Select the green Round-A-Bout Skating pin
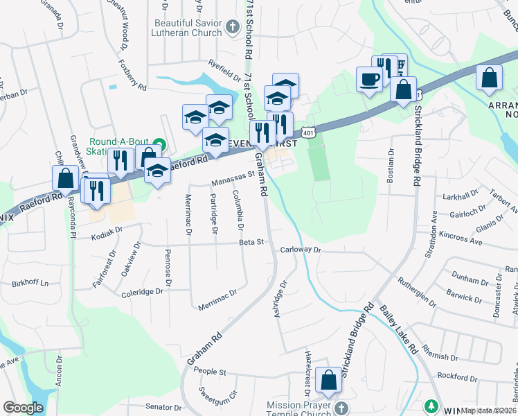(159, 144)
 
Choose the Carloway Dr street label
(301, 250)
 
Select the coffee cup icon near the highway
(369, 78)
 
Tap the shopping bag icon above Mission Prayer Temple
(328, 381)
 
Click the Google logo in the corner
(24, 408)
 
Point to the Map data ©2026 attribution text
(488, 410)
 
